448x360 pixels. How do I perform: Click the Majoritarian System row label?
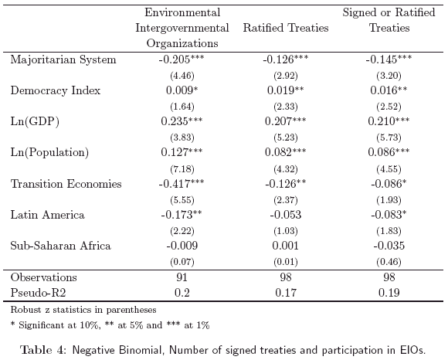point(63,59)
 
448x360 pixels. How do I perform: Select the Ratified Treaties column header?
point(286,28)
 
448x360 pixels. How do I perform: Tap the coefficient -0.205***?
point(182,59)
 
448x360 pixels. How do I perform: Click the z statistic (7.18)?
point(182,169)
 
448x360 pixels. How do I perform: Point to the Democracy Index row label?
point(56,90)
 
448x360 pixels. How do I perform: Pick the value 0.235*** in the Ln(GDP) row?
point(182,121)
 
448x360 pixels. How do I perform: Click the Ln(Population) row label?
point(49,152)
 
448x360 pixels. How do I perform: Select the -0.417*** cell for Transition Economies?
point(182,183)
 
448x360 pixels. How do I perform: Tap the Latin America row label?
point(47,215)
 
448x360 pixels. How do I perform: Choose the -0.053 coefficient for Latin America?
point(286,215)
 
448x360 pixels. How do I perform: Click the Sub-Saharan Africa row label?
point(60,246)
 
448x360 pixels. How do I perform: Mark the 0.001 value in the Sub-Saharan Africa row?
point(286,246)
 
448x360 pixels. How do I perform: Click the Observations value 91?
point(182,277)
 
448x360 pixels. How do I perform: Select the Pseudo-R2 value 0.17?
point(286,293)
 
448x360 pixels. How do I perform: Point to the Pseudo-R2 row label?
point(38,293)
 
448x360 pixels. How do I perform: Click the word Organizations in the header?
point(182,43)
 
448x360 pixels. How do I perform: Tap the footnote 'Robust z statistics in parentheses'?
point(83,310)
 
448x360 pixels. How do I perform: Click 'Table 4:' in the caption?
point(44,350)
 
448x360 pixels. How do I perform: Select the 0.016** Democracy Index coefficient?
point(389,90)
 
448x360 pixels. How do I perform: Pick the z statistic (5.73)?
point(389,138)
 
